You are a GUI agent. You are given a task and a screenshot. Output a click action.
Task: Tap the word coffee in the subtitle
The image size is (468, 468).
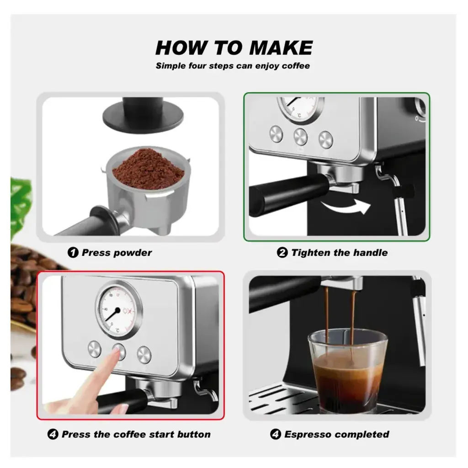[295, 66]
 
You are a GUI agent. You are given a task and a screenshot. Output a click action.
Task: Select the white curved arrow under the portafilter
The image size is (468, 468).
[345, 206]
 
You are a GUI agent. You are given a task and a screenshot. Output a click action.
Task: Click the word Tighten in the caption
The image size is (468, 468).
[311, 253]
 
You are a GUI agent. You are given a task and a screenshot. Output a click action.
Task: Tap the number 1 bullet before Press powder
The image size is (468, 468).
[73, 253]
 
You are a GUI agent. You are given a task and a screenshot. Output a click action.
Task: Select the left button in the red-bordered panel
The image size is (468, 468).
[95, 350]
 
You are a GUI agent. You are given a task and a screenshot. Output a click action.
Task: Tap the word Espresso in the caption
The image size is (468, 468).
[307, 434]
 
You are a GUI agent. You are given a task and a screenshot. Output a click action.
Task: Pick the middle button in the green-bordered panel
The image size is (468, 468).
[300, 135]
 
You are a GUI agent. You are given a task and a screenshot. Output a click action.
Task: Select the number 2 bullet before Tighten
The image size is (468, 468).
[282, 253]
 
